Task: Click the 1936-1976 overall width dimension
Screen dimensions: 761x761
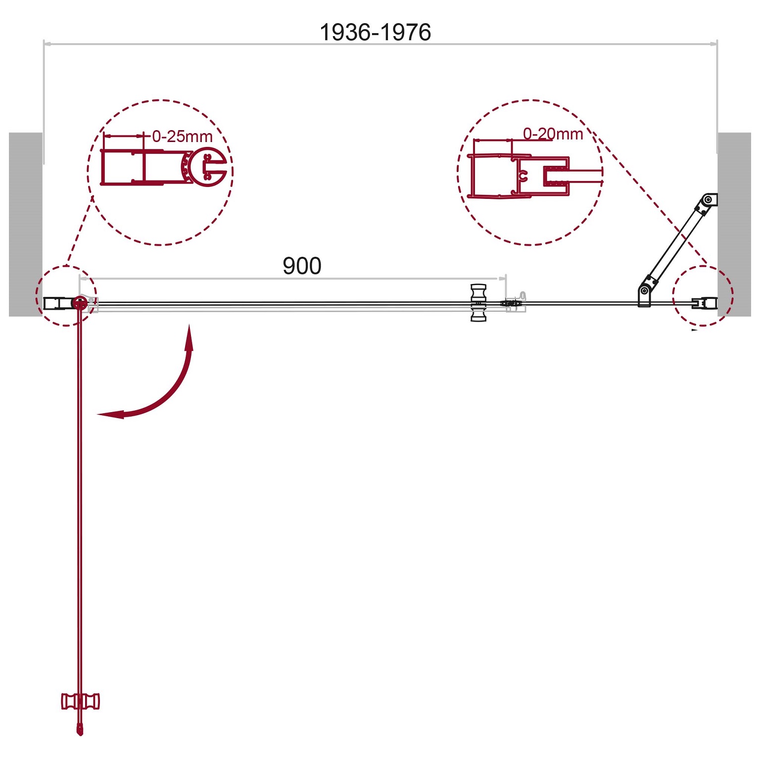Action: tap(375, 33)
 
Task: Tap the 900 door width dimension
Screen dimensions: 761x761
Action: tap(302, 266)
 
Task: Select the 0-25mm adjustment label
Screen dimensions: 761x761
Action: tap(182, 136)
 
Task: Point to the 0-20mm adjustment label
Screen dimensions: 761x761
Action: tap(553, 134)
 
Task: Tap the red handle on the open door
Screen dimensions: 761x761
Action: tap(80, 701)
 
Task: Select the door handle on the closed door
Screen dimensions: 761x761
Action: tap(478, 303)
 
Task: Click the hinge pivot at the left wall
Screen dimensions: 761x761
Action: tap(79, 303)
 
